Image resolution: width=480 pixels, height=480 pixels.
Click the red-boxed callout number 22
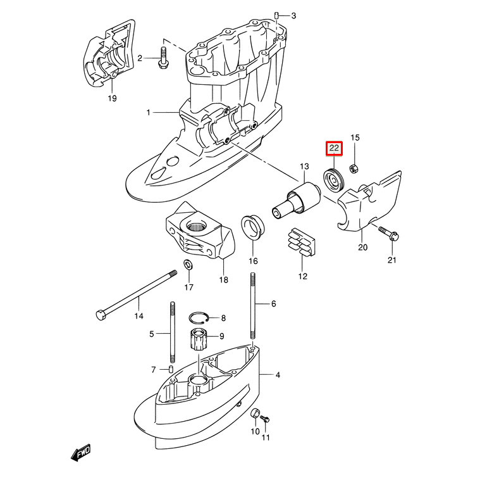(x=333, y=148)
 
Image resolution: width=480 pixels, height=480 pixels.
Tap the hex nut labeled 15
(x=355, y=167)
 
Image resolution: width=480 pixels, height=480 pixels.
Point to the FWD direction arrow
(x=81, y=452)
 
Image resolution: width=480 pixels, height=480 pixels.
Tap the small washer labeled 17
(x=188, y=264)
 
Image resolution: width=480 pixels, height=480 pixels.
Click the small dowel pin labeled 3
(x=277, y=15)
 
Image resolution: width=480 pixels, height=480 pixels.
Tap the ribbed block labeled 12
(x=302, y=243)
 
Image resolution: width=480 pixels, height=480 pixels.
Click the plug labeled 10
(x=256, y=414)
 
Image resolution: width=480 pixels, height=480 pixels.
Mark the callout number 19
(x=111, y=99)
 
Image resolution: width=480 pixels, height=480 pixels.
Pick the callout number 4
(x=278, y=375)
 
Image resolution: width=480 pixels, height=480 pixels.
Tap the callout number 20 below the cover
(x=362, y=247)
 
